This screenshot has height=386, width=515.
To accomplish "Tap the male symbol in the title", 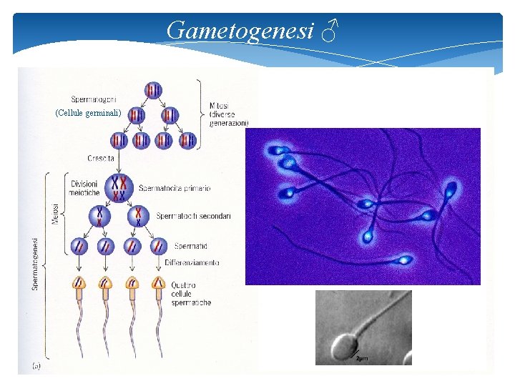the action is (330, 31).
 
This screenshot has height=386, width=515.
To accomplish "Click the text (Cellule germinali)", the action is (89, 113).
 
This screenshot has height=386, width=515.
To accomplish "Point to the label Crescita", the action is (100, 157).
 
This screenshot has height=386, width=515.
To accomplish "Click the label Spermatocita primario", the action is (175, 188).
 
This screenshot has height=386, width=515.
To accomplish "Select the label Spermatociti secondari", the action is (193, 216).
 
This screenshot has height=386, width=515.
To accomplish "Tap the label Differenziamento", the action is (192, 262).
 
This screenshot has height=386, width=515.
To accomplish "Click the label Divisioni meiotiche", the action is (84, 188).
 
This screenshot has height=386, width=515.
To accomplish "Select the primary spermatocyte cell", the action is (118, 187).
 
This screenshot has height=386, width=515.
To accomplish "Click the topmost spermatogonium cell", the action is (153, 90).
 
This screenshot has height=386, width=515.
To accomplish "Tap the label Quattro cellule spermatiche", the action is (191, 293).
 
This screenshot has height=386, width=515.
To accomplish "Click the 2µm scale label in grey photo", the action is (363, 357).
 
